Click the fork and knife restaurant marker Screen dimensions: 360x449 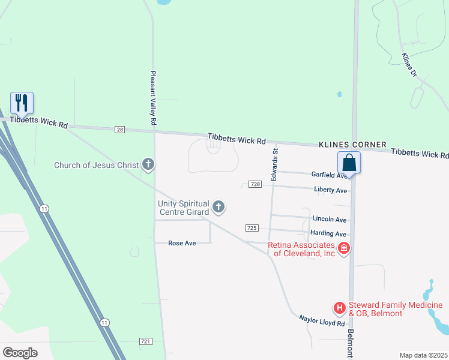22,103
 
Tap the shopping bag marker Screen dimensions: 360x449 349,162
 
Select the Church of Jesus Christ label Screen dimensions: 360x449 97,165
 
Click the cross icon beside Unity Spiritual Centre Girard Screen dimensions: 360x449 218,208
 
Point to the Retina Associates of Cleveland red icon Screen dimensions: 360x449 344,248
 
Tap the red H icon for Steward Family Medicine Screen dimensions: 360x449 340,308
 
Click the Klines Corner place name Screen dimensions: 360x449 352,145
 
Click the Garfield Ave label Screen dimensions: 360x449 329,175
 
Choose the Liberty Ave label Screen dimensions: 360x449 331,190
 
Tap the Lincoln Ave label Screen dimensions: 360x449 330,220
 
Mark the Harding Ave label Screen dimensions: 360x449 328,233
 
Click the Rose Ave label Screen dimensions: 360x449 182,243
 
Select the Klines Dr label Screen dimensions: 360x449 409,65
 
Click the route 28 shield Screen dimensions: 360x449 120,130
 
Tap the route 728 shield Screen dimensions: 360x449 255,184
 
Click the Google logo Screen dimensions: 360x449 20,352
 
